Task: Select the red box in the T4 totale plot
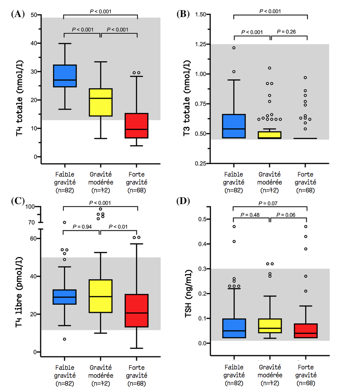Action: point(137,126)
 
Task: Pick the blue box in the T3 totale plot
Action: point(234,126)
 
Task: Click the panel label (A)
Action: point(18,14)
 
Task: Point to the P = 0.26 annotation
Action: point(289,32)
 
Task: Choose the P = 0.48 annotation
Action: point(252,215)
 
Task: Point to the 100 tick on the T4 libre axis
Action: point(30,207)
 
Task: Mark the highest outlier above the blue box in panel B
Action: point(234,48)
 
